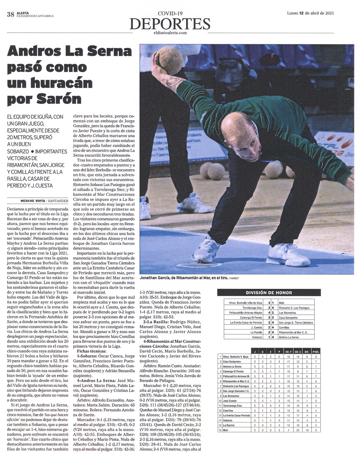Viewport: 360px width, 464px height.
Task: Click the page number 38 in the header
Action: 10,15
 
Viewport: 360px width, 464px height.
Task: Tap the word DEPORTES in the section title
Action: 170,24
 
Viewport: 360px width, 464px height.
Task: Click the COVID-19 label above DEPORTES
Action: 170,14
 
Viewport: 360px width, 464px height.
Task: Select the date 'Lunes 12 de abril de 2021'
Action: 310,13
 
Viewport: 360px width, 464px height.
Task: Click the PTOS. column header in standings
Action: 316,351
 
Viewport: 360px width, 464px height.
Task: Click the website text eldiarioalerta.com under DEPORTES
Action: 170,33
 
